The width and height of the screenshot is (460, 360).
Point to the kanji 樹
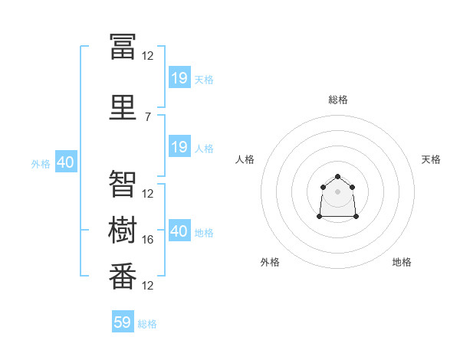[123, 230]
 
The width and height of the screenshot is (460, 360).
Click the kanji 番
[123, 276]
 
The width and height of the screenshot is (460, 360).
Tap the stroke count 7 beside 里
[148, 116]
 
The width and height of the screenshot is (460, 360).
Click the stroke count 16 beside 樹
[148, 240]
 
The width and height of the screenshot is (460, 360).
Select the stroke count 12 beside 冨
[148, 55]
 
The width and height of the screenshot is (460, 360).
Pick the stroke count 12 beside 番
[148, 286]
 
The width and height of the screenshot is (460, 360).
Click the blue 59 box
[123, 322]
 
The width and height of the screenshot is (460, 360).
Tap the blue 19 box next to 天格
[179, 78]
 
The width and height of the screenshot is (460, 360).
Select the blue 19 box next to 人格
[179, 147]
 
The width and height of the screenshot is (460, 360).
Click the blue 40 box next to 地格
[179, 231]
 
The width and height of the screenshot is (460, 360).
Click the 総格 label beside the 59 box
[147, 324]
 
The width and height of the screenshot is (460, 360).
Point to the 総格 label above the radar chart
[338, 100]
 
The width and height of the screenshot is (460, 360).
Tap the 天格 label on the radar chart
[431, 159]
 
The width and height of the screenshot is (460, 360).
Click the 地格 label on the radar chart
[402, 262]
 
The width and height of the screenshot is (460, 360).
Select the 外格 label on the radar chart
[270, 262]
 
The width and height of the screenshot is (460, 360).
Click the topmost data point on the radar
[338, 177]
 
